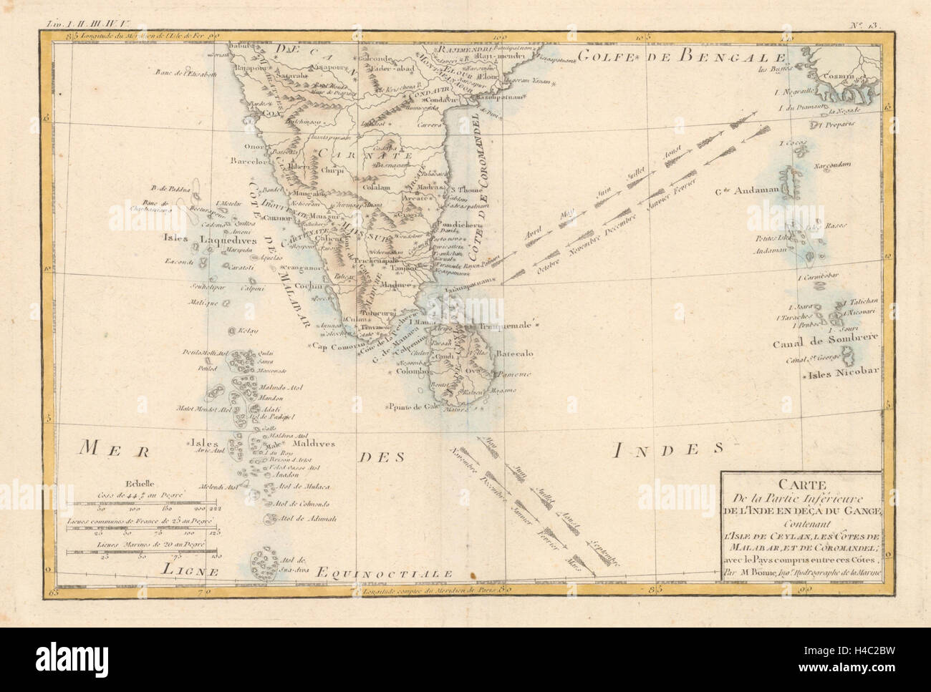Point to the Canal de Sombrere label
tap(814, 343)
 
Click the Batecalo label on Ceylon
tap(511, 354)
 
